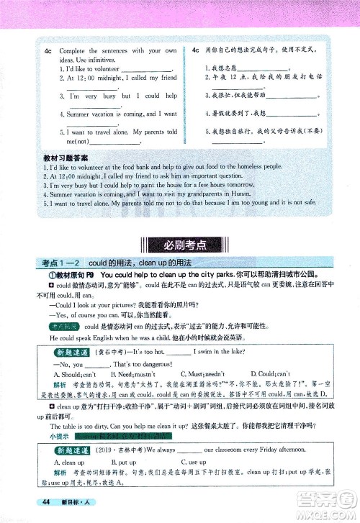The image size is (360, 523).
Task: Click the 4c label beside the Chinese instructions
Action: tap(197, 51)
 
